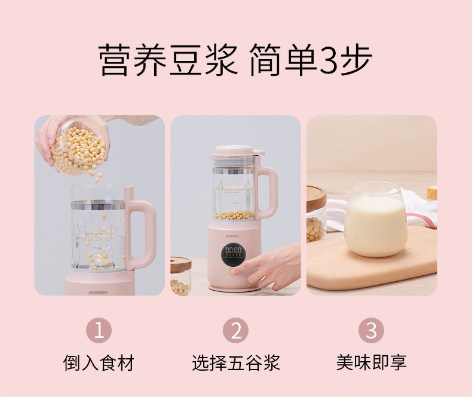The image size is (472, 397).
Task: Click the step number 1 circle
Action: pyautogui.click(x=99, y=331)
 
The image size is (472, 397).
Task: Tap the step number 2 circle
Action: pyautogui.click(x=235, y=331)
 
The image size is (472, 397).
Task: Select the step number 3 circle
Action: pyautogui.click(x=371, y=331)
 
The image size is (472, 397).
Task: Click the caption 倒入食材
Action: pyautogui.click(x=99, y=363)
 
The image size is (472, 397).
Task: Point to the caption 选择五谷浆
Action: pyautogui.click(x=236, y=363)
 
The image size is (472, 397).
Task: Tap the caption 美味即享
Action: pyautogui.click(x=372, y=363)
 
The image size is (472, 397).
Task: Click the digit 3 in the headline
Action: pyautogui.click(x=329, y=60)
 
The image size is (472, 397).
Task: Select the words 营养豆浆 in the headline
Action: pyautogui.click(x=168, y=60)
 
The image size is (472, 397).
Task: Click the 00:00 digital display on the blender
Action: pyautogui.click(x=233, y=250)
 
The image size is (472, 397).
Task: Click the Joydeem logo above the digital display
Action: pyautogui.click(x=232, y=236)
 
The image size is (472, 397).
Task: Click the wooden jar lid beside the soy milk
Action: pyautogui.click(x=316, y=198)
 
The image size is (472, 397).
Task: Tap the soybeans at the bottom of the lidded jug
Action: pyautogui.click(x=234, y=215)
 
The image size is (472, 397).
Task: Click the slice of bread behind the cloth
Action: pyautogui.click(x=431, y=192)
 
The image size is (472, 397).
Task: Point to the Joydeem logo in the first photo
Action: pyautogui.click(x=98, y=293)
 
